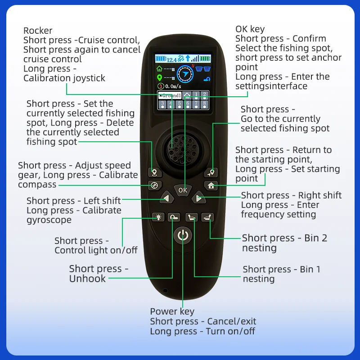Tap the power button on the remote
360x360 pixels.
click(183, 235)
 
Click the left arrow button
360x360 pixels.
click(167, 198)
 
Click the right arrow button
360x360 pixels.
click(199, 198)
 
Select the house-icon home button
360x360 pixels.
click(211, 185)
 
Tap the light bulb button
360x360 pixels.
click(158, 217)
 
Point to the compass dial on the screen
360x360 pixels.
click(185, 74)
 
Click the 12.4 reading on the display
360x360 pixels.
click(171, 60)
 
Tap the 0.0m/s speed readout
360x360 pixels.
click(173, 86)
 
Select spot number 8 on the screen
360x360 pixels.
click(204, 104)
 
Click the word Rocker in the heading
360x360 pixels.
click(38, 31)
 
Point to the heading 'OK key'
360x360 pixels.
click(250, 29)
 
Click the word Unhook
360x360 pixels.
click(87, 279)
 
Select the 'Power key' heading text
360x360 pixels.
click(172, 311)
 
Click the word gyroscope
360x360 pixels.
click(49, 220)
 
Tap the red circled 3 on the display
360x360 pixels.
click(161, 86)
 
